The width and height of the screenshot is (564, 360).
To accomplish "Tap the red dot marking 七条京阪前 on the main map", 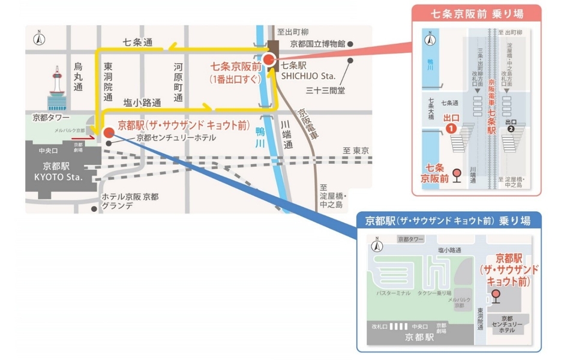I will coord(268,59).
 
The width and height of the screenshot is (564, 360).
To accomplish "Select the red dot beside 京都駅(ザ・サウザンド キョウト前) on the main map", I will coord(108,133).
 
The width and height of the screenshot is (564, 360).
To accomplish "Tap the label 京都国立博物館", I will coord(317,44).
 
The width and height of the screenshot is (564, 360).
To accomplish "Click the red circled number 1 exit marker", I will coord(452,127).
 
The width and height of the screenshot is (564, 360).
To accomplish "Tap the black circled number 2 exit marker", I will coord(511,127).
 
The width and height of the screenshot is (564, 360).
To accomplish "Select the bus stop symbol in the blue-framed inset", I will coord(496,295).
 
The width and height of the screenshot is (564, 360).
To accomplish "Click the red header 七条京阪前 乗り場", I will coord(477,13).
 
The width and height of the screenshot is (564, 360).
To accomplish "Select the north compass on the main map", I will coord(39,39).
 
